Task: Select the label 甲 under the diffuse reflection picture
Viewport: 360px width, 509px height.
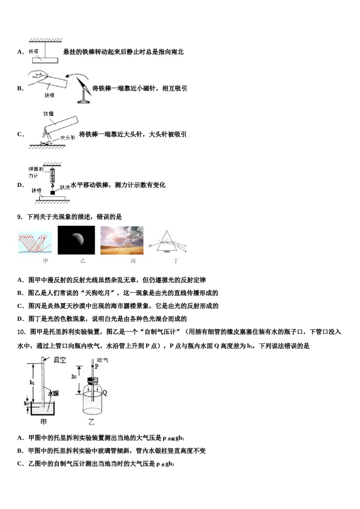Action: coord(45,261)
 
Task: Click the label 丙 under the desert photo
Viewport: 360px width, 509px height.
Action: coord(133,261)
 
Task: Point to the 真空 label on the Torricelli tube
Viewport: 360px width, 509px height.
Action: coord(60,360)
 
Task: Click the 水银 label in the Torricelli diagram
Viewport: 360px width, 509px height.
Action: coord(53,394)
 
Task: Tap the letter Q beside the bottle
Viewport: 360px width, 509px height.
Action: coord(105,393)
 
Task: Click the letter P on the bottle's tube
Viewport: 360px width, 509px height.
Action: coord(97,367)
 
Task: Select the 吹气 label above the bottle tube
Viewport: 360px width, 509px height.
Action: coord(103,360)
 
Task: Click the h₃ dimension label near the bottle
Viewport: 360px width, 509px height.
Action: coord(74,376)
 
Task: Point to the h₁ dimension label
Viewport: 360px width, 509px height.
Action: coord(32,383)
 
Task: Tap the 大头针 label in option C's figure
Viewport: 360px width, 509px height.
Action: coord(68,138)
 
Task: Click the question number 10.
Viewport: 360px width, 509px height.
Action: coord(21,332)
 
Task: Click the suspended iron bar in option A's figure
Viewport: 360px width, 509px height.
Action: coord(45,60)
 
